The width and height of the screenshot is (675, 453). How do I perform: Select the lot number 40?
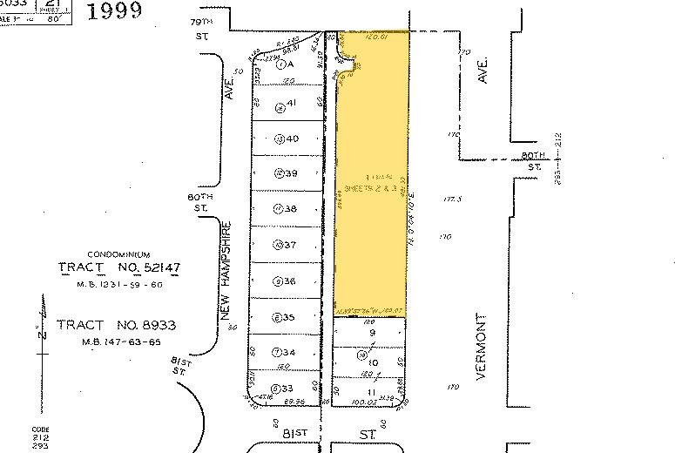click(293, 139)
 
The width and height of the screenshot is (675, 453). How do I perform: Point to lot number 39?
click(293, 172)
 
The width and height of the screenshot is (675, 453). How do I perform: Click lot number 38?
click(291, 209)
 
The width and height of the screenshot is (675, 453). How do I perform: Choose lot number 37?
click(291, 245)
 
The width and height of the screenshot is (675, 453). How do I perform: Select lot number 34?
click(288, 353)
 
